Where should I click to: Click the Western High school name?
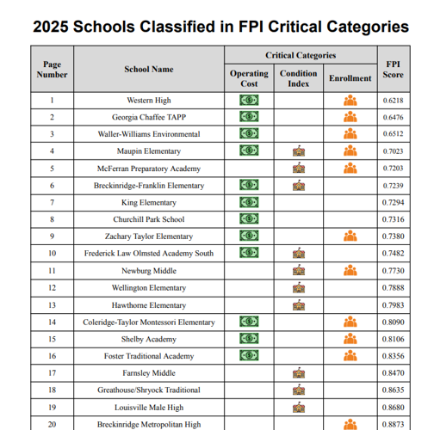pos(148,100)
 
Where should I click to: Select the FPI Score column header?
pos(392,69)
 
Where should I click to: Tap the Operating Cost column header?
pos(249,78)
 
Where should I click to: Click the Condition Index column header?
pos(298,78)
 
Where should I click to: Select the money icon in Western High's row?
pos(249,100)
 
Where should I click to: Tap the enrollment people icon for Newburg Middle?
pos(350,270)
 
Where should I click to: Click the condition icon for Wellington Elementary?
pos(299,287)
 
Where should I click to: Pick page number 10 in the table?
pos(52,253)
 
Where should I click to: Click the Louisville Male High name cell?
pos(148,407)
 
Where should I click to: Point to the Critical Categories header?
pos(301,55)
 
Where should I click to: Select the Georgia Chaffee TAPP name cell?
pos(148,117)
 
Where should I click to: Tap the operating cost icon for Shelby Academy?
pos(249,338)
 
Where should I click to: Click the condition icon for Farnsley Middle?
pos(299,372)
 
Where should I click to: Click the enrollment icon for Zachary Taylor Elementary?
pos(350,236)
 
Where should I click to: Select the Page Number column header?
pos(52,69)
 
